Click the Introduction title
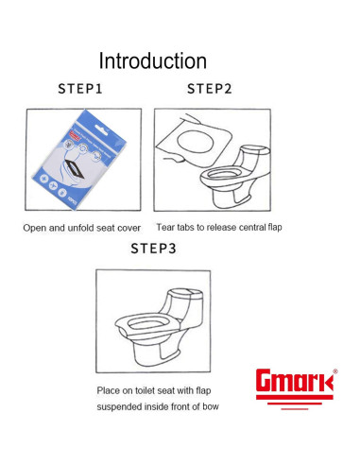[153, 60]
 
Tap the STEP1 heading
[80, 89]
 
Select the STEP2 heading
[210, 89]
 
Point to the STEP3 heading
[153, 249]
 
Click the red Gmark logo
[295, 388]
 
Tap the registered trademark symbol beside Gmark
[335, 371]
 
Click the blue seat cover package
[79, 159]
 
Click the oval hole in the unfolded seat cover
[196, 141]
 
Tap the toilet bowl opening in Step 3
[148, 323]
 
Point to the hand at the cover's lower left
[173, 158]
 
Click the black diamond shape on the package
[75, 168]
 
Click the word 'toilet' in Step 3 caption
[146, 390]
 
